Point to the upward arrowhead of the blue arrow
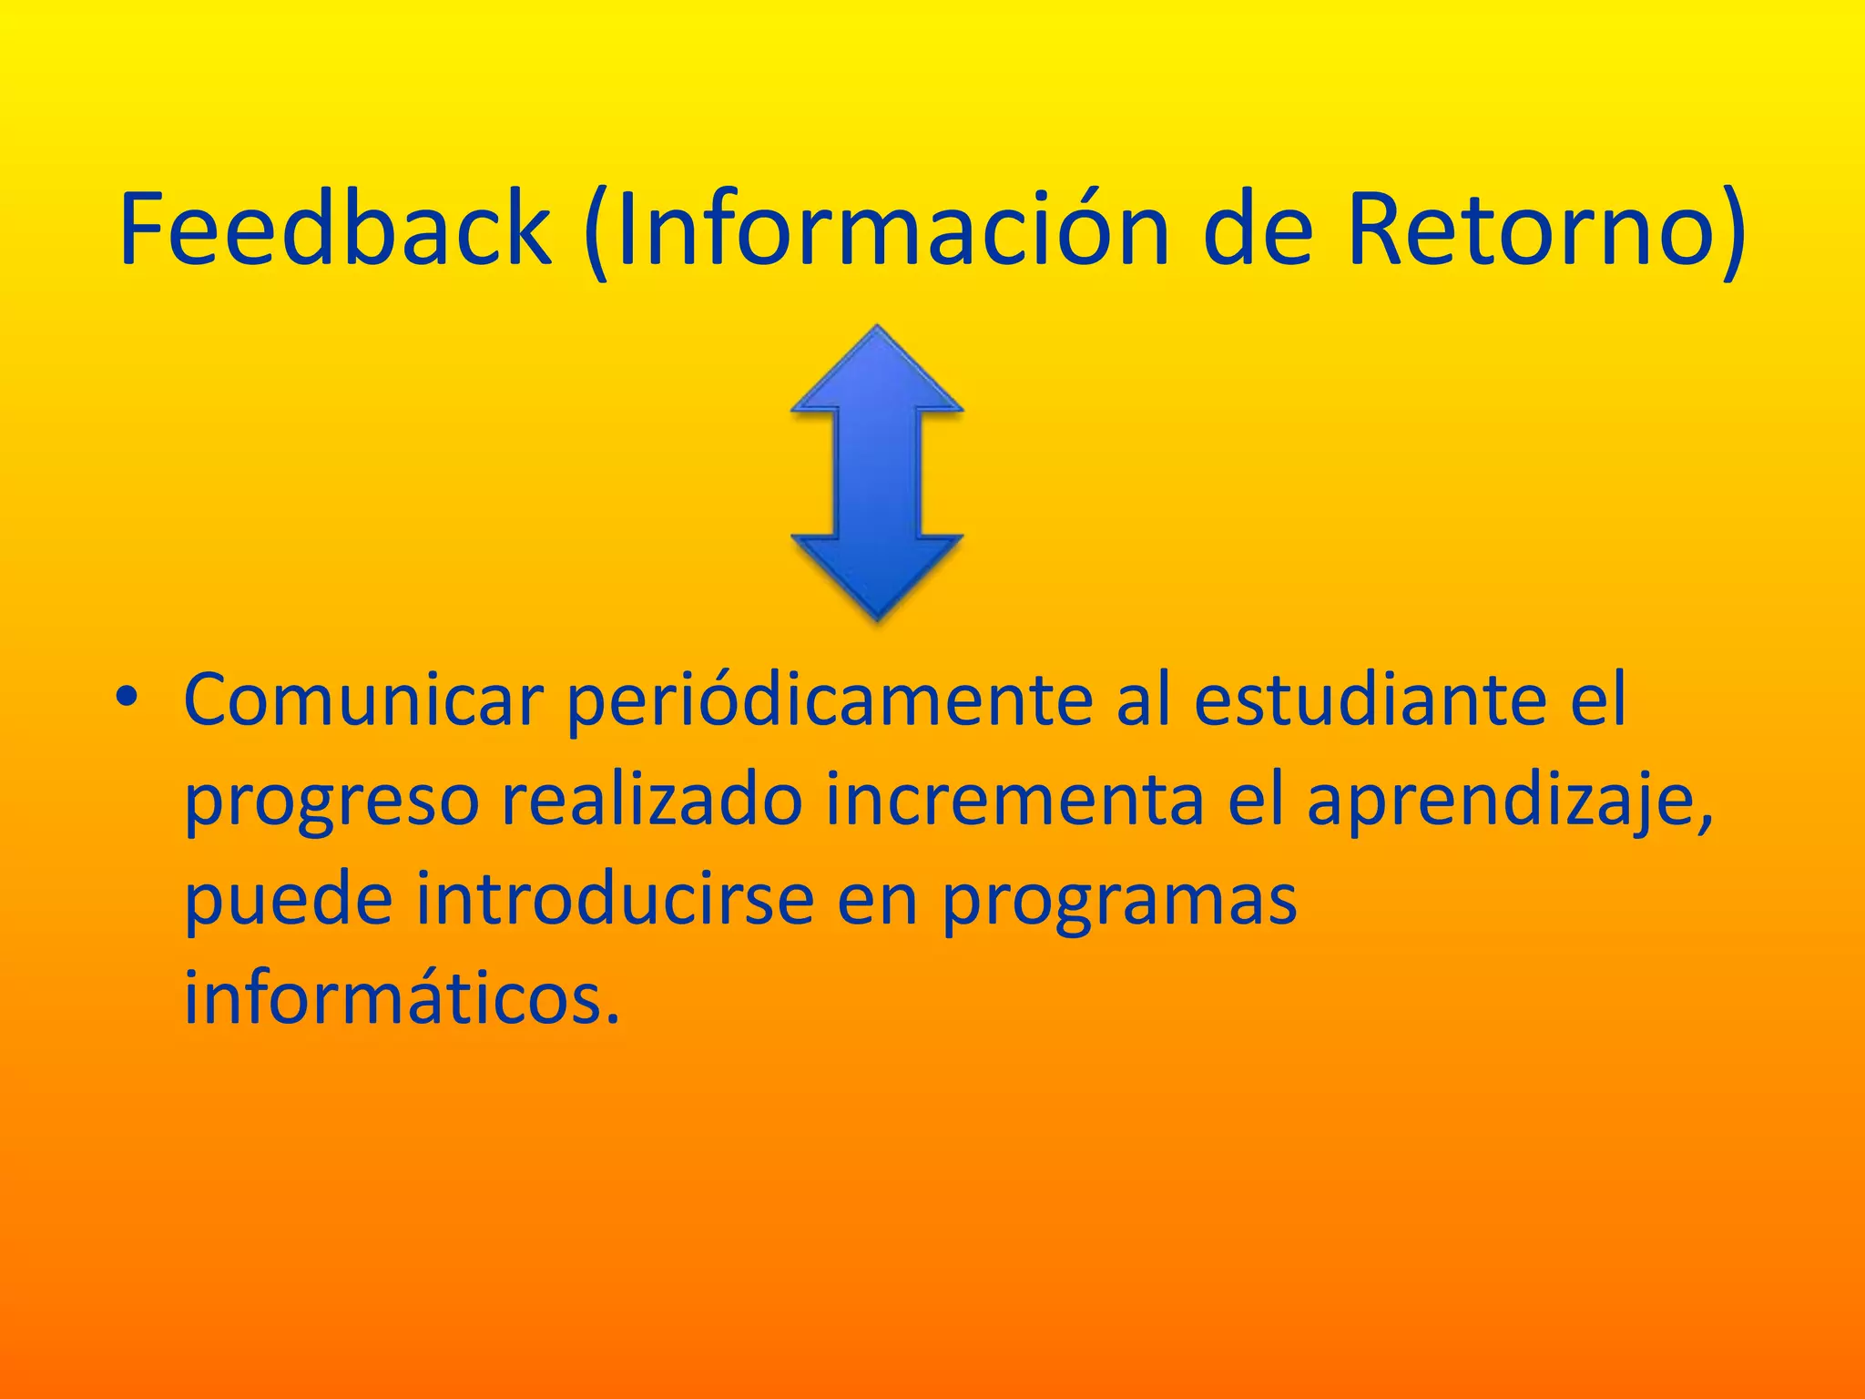[x=877, y=373]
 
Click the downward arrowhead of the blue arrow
[x=877, y=574]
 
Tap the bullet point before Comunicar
[x=127, y=699]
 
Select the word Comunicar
[x=363, y=701]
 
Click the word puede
[x=289, y=900]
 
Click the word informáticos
[x=402, y=996]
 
